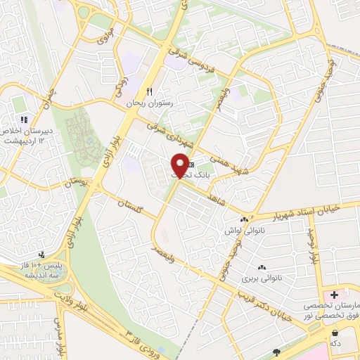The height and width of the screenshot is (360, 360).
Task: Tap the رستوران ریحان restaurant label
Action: pyautogui.click(x=148, y=103)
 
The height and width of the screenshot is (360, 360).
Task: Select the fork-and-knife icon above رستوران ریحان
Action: pyautogui.click(x=148, y=91)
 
